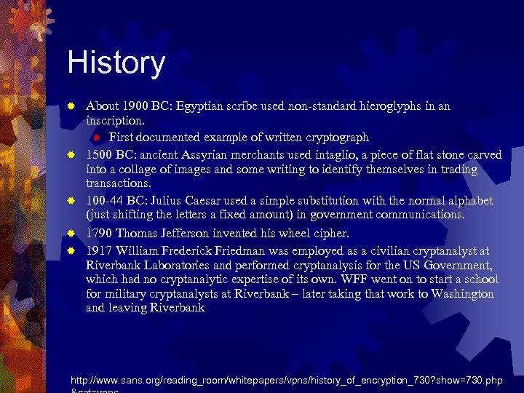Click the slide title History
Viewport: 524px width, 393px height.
click(116, 63)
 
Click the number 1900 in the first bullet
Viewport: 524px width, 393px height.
click(136, 106)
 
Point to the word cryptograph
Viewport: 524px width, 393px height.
click(333, 138)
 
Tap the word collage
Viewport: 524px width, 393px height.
click(140, 170)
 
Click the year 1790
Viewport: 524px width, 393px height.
click(100, 233)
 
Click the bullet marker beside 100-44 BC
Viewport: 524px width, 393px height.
click(71, 201)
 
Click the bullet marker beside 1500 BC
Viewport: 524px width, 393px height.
click(71, 154)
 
